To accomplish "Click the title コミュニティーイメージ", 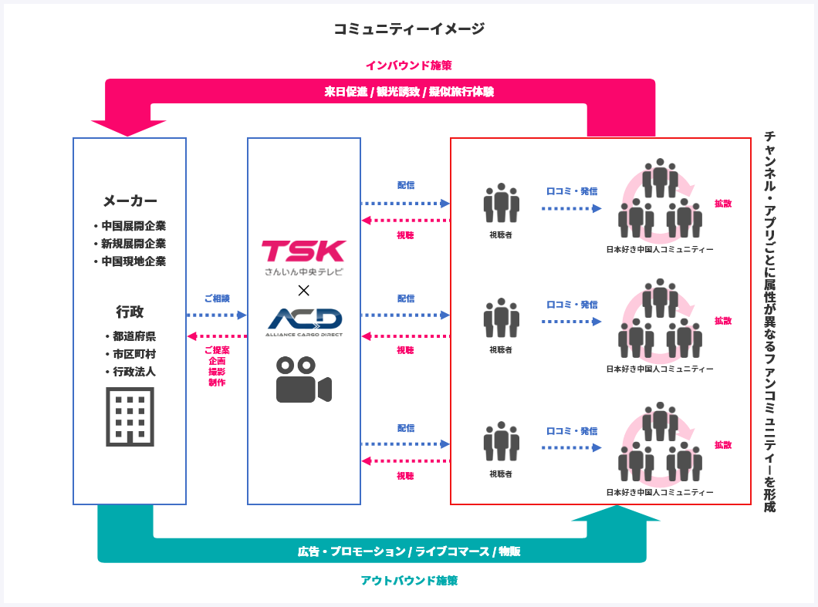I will [x=409, y=29].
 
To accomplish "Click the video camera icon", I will [x=303, y=379].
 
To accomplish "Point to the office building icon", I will [x=130, y=416].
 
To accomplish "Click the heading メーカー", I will [x=130, y=201].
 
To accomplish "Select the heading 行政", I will [x=130, y=312].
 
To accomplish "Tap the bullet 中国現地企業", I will [x=134, y=261].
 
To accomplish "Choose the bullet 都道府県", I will [x=134, y=336].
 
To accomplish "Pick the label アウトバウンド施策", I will [x=409, y=580].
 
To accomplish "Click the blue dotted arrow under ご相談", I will [x=217, y=315].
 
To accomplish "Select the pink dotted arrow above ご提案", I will [x=217, y=336].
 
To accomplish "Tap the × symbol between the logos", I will [x=303, y=290].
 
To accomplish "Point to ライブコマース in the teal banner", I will [x=451, y=551].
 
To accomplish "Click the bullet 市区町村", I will [x=134, y=354].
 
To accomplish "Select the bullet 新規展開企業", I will [x=134, y=244].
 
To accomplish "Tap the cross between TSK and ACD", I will [x=303, y=290].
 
